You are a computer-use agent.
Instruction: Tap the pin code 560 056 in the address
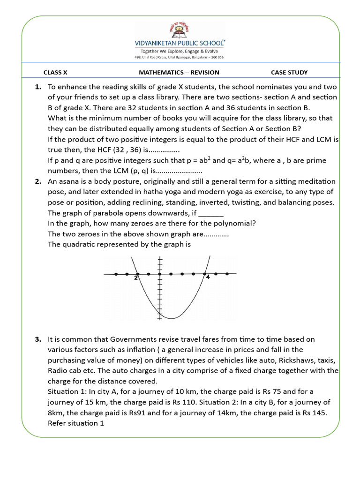tap(217, 57)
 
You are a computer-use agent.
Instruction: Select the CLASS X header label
tap(55, 72)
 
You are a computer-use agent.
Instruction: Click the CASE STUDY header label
tap(289, 72)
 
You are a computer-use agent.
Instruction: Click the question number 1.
tap(38, 87)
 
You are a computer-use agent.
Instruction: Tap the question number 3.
tap(38, 339)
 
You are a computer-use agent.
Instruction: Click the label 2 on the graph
tap(135, 278)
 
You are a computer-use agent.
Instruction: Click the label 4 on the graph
tap(208, 277)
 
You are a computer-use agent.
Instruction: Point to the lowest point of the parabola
tap(171, 319)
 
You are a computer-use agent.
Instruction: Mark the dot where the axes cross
tap(160, 274)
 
